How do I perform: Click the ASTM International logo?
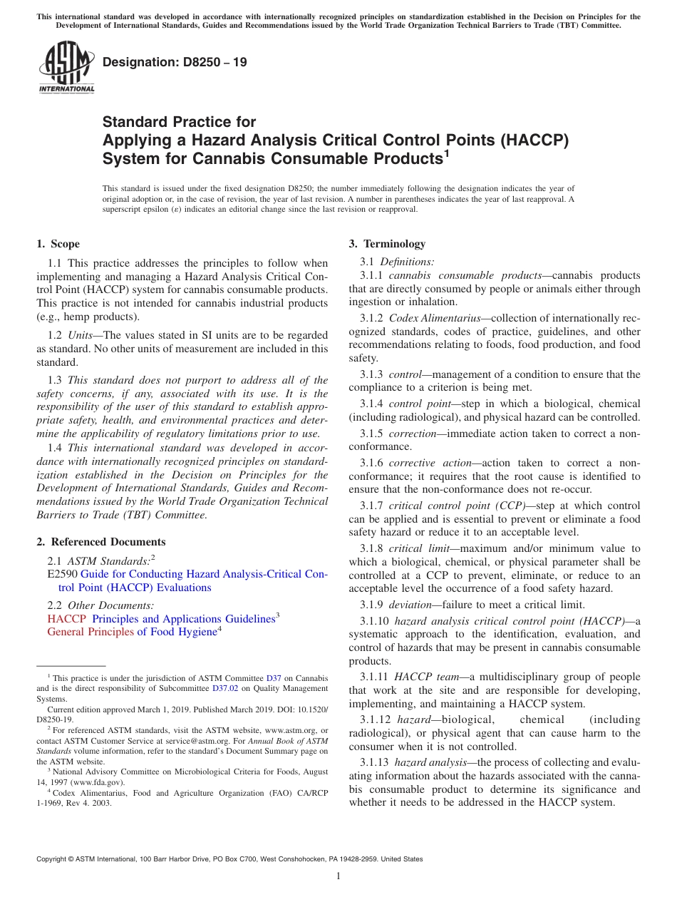pyautogui.click(x=66, y=67)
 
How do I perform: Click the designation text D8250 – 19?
pyautogui.click(x=175, y=63)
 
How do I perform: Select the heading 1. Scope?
pyautogui.click(x=58, y=244)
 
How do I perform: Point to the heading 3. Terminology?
pyautogui.click(x=387, y=244)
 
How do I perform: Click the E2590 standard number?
pyautogui.click(x=62, y=574)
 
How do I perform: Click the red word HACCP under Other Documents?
pyautogui.click(x=66, y=619)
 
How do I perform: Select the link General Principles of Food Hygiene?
pyautogui.click(x=132, y=632)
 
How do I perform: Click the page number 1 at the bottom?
pyautogui.click(x=338, y=876)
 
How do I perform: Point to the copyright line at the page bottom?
pyautogui.click(x=229, y=859)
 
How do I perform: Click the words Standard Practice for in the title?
pyautogui.click(x=179, y=122)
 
